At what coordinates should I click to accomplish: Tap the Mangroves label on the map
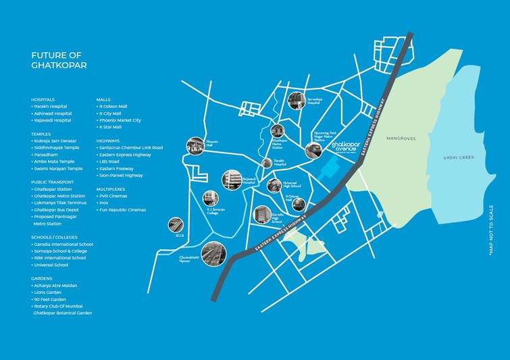click(x=401, y=138)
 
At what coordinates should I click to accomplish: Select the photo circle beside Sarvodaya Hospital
click(x=296, y=101)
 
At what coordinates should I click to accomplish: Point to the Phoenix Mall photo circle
click(x=195, y=145)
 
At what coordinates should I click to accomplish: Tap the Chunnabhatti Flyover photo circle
click(x=213, y=254)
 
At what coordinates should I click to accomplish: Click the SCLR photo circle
click(x=176, y=226)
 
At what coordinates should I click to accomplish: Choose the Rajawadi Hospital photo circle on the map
click(x=231, y=179)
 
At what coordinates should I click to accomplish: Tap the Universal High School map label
click(x=290, y=184)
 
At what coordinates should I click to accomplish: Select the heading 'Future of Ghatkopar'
click(x=59, y=60)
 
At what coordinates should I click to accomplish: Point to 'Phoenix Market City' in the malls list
click(x=120, y=120)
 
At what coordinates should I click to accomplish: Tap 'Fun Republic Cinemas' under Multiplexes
click(x=123, y=209)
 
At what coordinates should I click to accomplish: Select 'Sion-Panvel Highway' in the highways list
click(x=121, y=175)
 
